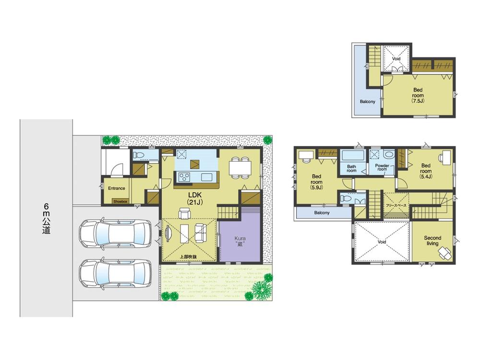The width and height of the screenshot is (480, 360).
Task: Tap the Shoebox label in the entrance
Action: click(x=120, y=202)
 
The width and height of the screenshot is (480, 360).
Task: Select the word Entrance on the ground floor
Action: click(x=116, y=188)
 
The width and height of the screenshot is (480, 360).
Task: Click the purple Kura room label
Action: click(x=240, y=240)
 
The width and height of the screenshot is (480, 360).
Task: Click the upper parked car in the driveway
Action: click(x=112, y=234)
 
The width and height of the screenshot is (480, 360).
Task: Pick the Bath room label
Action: click(x=351, y=168)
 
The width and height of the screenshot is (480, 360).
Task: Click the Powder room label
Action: click(x=382, y=168)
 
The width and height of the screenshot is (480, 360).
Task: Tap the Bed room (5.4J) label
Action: click(x=426, y=171)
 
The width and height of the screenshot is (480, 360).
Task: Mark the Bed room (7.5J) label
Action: click(x=419, y=95)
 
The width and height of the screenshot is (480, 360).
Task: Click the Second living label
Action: click(x=432, y=241)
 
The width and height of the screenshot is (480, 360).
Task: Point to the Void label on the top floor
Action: click(x=396, y=59)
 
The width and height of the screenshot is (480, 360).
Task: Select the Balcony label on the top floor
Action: click(x=368, y=101)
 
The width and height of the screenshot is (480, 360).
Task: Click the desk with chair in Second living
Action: click(x=445, y=252)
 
